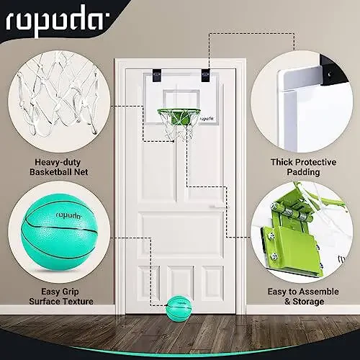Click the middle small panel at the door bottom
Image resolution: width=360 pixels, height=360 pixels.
coord(180,279)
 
